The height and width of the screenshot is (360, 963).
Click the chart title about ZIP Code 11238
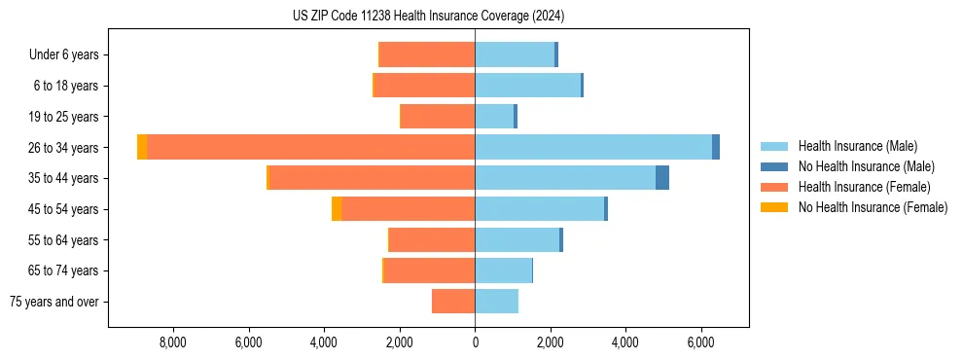(x=428, y=17)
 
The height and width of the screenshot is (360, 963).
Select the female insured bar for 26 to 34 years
(x=311, y=147)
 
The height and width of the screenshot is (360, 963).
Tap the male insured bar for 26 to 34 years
(x=593, y=147)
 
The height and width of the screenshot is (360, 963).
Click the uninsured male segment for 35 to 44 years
(x=662, y=178)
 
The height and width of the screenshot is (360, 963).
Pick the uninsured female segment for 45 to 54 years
(x=337, y=209)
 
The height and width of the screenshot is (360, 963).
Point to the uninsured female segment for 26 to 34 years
(x=142, y=147)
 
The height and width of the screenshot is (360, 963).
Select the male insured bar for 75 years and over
(x=496, y=302)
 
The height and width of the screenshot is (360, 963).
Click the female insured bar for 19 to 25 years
(x=438, y=117)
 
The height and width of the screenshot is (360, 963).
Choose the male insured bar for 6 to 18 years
(x=527, y=86)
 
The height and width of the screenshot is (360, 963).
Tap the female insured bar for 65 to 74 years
(x=430, y=270)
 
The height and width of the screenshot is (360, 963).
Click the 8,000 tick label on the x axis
(x=172, y=342)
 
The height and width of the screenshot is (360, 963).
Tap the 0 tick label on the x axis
(x=475, y=342)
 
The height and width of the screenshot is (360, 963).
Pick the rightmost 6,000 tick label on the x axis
(x=701, y=342)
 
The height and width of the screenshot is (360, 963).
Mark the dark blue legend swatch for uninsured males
(x=774, y=166)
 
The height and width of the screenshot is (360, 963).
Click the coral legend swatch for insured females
(x=774, y=187)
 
